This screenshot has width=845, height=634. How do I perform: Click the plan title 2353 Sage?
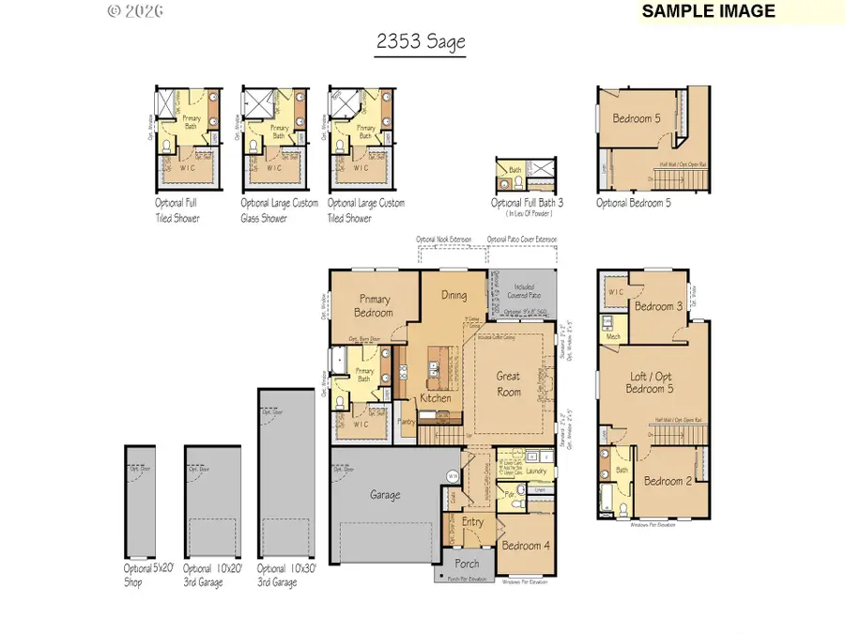coord(421,42)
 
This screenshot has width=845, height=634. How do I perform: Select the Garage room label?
coord(385,495)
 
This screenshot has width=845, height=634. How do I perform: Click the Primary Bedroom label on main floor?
coord(373,306)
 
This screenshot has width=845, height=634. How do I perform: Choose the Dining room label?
coord(453,295)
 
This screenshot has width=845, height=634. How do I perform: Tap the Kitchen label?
coord(436,398)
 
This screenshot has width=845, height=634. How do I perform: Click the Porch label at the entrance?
coord(467,564)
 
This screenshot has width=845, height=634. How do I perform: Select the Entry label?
coord(472,522)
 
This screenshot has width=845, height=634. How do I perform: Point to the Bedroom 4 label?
coord(522,546)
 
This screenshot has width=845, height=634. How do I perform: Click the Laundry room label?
coord(536,471)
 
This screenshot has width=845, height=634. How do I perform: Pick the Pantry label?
coord(407,422)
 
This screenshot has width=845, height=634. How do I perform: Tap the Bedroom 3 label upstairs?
coord(658,306)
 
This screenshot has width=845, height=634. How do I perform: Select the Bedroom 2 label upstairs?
coord(668,481)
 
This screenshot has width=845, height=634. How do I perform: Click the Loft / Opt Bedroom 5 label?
coord(653,383)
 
